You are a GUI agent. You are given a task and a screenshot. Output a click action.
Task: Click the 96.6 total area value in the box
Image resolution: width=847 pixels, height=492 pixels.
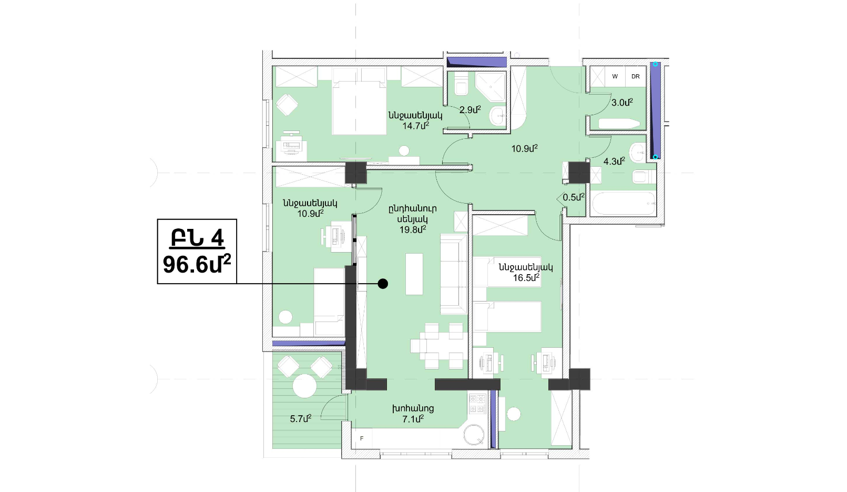[x=197, y=264]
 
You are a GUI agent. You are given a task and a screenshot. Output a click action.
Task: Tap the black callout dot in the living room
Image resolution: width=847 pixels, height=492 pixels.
[x=383, y=284]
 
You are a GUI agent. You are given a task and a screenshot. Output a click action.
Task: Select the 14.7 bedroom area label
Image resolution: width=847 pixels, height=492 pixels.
[x=415, y=126]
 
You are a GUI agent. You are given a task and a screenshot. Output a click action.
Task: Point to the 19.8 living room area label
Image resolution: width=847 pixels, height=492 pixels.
[x=413, y=229]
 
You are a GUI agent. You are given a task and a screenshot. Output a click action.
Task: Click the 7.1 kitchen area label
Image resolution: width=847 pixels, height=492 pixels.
[x=413, y=418]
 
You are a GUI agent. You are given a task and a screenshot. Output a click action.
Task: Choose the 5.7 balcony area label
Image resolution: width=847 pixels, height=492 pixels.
[x=301, y=418]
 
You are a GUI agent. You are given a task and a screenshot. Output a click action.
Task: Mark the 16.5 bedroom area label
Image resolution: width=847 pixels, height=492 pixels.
[x=526, y=278]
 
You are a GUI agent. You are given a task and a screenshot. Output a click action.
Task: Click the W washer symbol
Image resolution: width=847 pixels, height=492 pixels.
[x=615, y=76]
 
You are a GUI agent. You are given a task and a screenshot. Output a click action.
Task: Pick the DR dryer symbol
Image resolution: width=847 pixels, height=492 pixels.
[x=635, y=76]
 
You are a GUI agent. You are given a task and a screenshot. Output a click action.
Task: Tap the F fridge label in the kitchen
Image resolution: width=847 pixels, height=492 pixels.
[x=362, y=438]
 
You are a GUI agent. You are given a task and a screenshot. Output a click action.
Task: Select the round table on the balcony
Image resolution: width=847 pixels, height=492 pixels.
[x=304, y=386]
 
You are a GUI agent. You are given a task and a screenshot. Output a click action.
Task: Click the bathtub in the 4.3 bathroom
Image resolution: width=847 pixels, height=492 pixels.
[x=623, y=204]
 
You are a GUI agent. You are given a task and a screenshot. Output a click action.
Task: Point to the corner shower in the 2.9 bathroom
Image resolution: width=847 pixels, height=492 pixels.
[x=491, y=87]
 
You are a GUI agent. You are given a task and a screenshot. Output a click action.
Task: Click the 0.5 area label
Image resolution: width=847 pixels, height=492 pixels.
[x=574, y=197]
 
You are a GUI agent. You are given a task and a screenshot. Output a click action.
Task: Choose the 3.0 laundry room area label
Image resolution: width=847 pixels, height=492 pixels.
[x=622, y=103]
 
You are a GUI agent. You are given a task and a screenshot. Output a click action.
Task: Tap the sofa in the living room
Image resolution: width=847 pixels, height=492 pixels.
[x=454, y=274]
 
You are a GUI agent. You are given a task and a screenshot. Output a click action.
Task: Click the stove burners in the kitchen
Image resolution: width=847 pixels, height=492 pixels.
[x=477, y=404]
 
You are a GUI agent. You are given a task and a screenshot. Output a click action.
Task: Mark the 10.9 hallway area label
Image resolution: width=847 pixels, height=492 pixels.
[x=525, y=148]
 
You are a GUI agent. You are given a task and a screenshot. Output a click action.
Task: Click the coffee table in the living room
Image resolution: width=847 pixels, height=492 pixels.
[x=414, y=274]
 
